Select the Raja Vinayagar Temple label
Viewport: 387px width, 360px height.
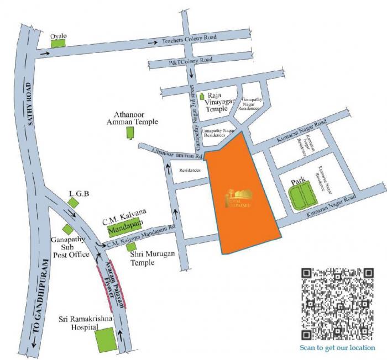point(217,102)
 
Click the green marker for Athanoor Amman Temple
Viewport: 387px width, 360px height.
point(131,133)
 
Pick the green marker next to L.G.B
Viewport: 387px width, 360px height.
point(72,203)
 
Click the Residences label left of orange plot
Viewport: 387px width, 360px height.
point(190,171)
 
